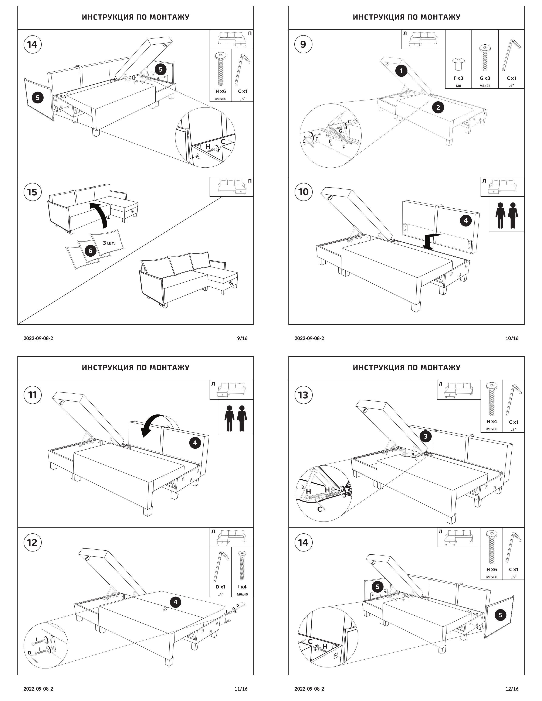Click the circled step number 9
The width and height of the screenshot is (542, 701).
[303, 44]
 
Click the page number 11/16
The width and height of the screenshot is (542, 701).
[241, 688]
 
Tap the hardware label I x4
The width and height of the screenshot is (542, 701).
[242, 587]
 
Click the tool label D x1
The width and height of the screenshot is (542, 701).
[220, 587]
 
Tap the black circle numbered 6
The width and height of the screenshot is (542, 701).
[90, 251]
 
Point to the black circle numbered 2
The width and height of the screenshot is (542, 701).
[438, 107]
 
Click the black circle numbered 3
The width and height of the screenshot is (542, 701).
[426, 436]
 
